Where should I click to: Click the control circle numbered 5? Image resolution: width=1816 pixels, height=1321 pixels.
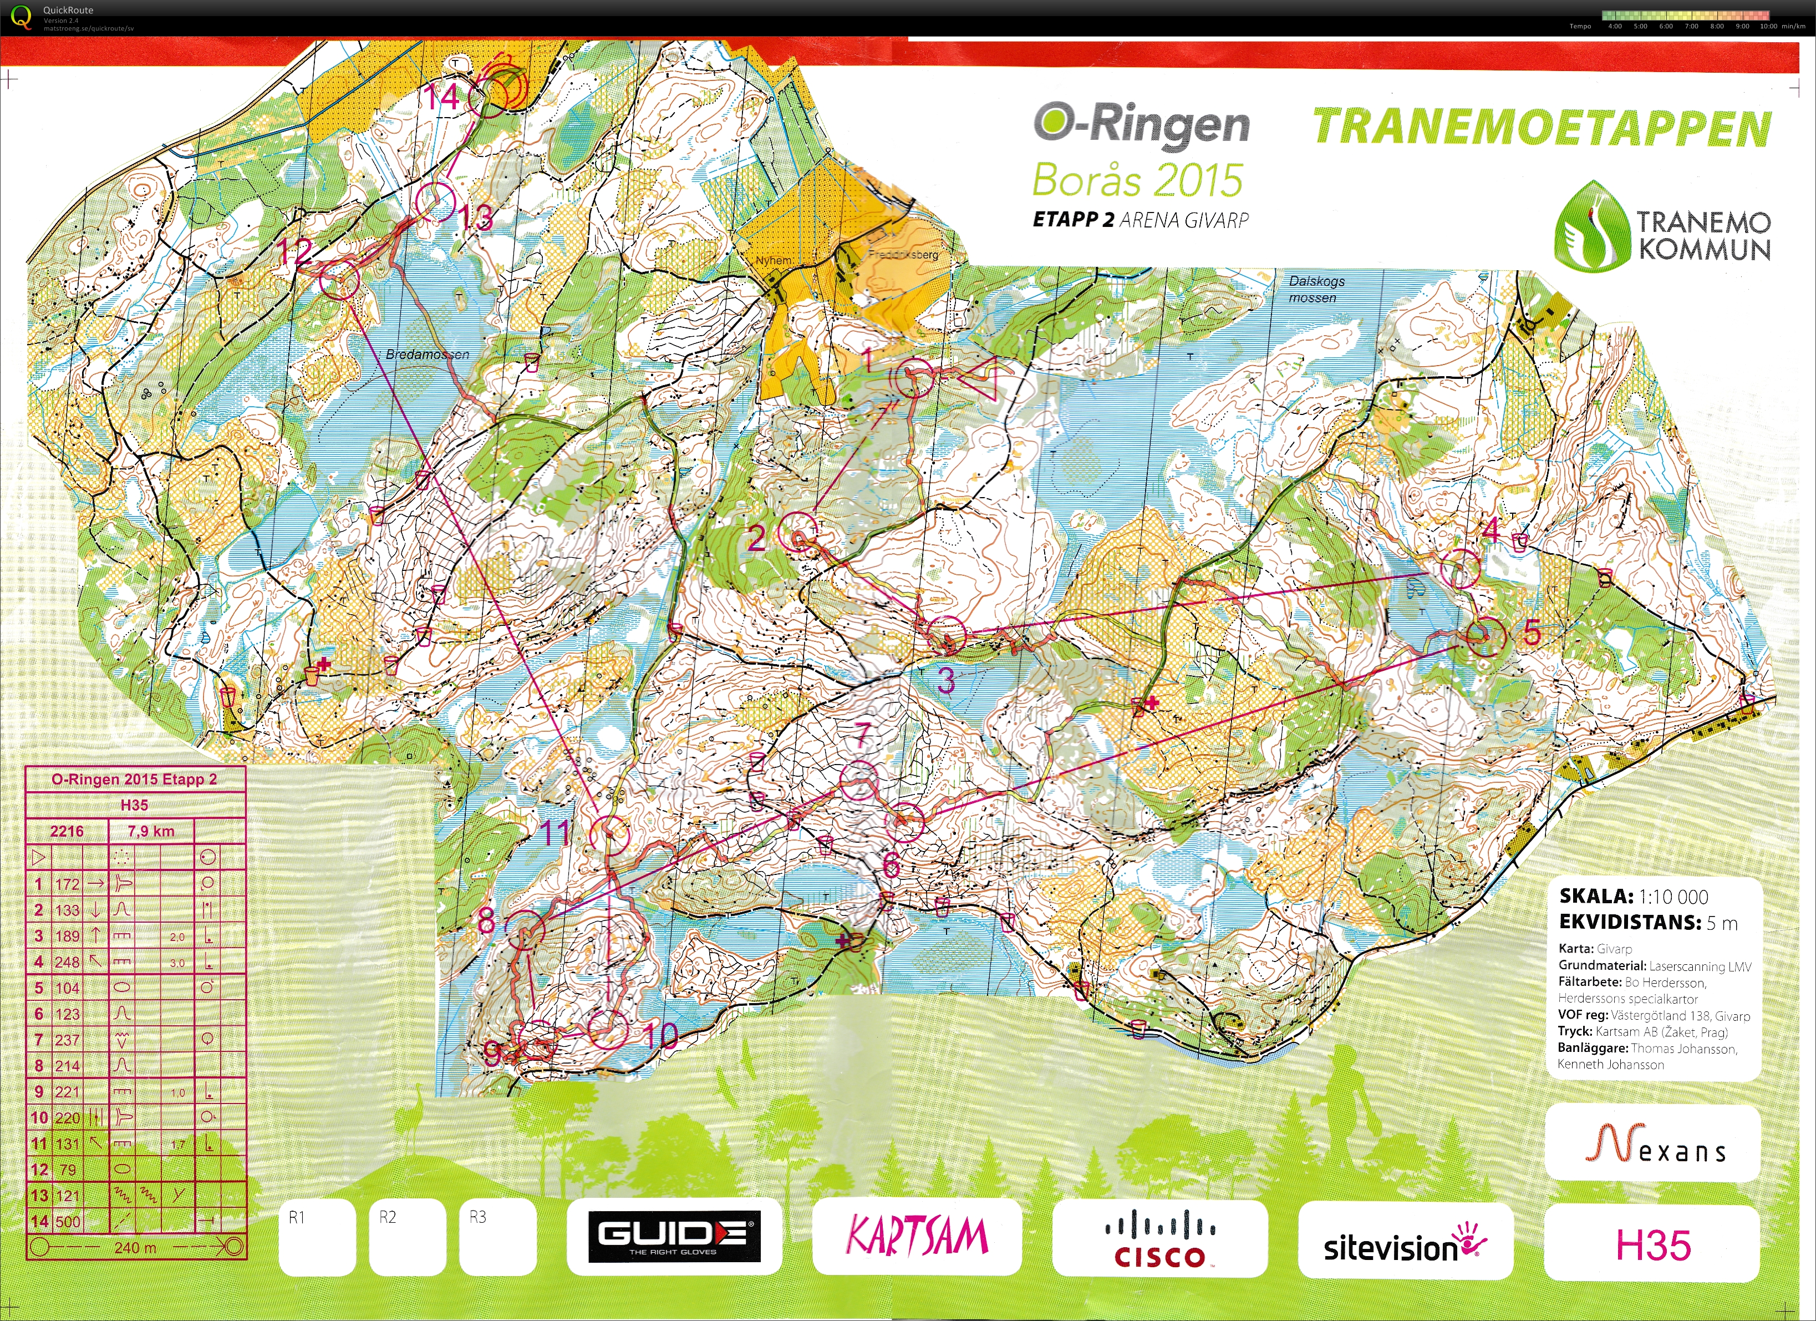point(1486,637)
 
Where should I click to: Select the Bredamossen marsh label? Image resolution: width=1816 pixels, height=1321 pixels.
point(427,354)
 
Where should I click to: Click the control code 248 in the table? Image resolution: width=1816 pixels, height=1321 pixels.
point(67,961)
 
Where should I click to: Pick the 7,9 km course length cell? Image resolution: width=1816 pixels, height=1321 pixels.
point(150,831)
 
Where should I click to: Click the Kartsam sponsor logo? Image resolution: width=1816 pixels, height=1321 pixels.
point(917,1236)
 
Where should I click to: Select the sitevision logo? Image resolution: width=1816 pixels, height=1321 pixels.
point(1405,1246)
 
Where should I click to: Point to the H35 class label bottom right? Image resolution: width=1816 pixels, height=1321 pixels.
point(1652,1246)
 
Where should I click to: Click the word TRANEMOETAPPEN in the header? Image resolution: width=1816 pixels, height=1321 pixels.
point(1542,128)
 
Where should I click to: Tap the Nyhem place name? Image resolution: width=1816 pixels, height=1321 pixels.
point(774,260)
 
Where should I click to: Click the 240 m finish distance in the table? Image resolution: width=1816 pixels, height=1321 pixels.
point(135,1247)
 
